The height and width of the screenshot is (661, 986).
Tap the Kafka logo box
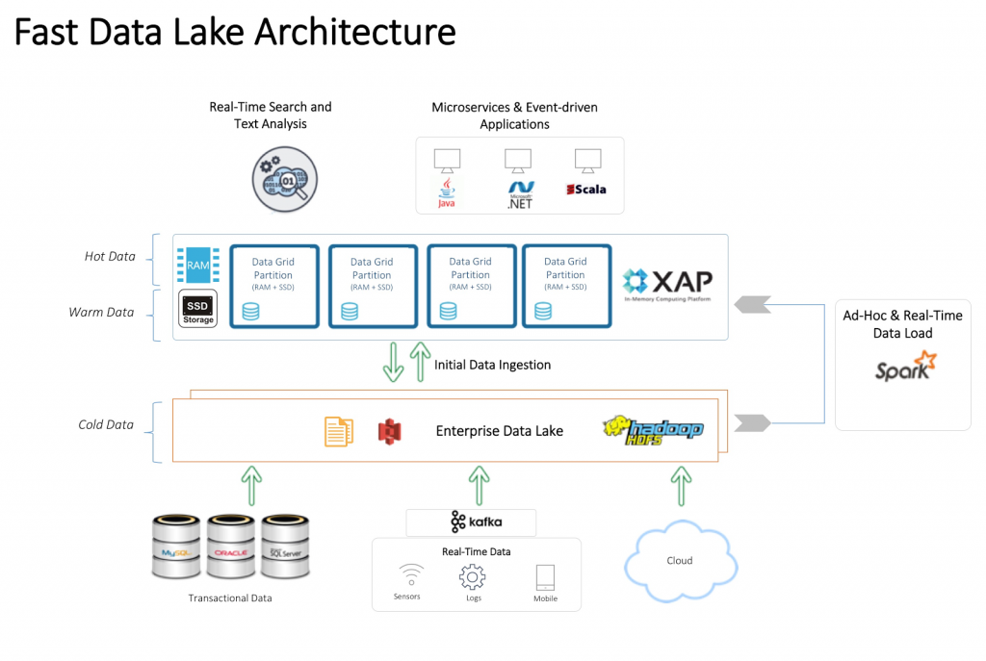coord(471,522)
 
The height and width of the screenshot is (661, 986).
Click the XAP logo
coord(667,283)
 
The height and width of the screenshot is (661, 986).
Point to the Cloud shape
coord(680,560)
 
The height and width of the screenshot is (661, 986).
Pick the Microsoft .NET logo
coord(520,192)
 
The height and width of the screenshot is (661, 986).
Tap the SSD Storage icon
coord(198,310)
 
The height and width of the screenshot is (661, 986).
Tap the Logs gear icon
coord(472,576)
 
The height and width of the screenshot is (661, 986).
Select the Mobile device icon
coord(545,577)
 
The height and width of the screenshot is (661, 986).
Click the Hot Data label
coord(110,257)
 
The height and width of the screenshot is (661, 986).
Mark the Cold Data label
coord(105,424)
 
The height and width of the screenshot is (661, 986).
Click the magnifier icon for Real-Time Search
coord(285,179)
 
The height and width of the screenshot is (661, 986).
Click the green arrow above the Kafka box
coord(479,486)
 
